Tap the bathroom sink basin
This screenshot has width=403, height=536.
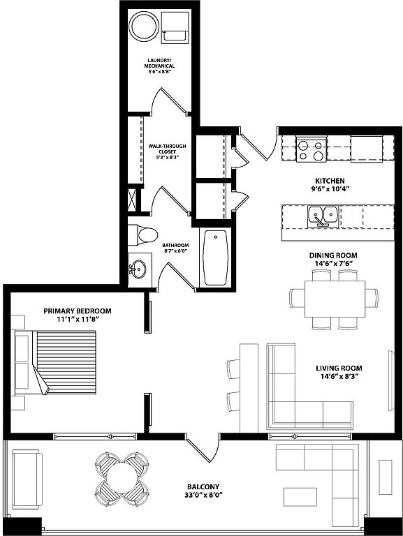click(x=138, y=269)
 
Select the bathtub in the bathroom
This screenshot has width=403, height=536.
click(x=215, y=257)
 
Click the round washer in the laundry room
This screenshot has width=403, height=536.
click(x=144, y=27)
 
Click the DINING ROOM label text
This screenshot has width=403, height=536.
click(x=333, y=255)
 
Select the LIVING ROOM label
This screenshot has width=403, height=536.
click(x=339, y=368)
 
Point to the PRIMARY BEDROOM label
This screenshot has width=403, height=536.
click(x=78, y=311)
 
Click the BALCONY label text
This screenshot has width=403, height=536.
click(x=203, y=486)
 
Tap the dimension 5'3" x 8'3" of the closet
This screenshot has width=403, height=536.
click(x=167, y=158)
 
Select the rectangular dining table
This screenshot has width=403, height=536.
click(x=335, y=299)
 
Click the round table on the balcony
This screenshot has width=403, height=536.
click(x=122, y=478)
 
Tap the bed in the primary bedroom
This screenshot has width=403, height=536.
click(x=56, y=362)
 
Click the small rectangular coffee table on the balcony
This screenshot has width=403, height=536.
click(x=300, y=497)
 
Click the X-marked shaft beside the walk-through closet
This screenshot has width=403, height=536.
click(x=134, y=198)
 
